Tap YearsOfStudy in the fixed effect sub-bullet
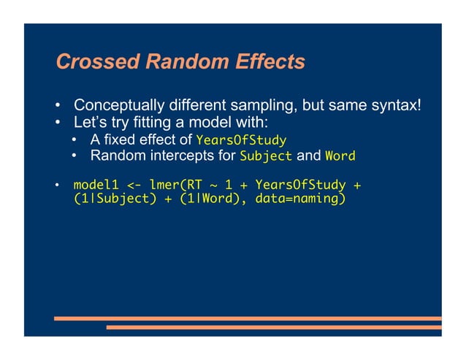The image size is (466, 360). tap(241, 139)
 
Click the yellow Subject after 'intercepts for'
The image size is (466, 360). tap(266, 156)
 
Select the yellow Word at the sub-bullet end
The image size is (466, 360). tap(340, 156)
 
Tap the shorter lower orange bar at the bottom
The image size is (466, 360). tap(274, 327)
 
